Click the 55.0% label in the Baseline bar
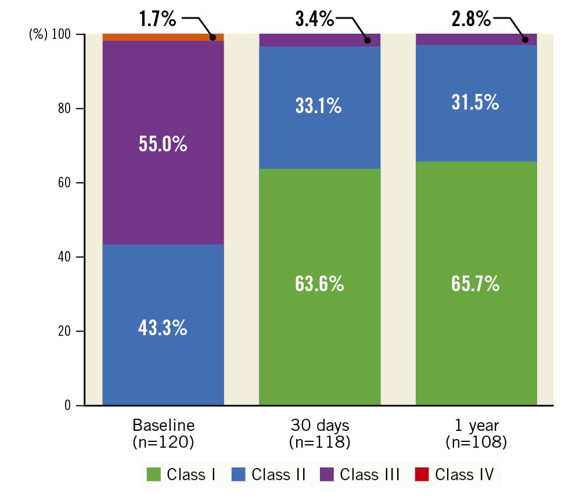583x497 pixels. click(163, 144)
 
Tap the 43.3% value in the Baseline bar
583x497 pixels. click(163, 328)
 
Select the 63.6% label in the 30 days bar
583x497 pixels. click(319, 284)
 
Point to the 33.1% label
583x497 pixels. click(319, 106)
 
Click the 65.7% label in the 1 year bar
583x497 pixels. click(476, 284)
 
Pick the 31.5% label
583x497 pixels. click(476, 102)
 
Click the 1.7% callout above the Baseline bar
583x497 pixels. click(157, 19)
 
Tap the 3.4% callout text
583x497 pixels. click(314, 19)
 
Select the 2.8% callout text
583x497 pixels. click(471, 19)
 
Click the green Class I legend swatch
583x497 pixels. click(154, 475)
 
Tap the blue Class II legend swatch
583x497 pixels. click(238, 475)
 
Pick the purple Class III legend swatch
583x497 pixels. click(327, 475)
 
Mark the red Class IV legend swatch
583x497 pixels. click(422, 475)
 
